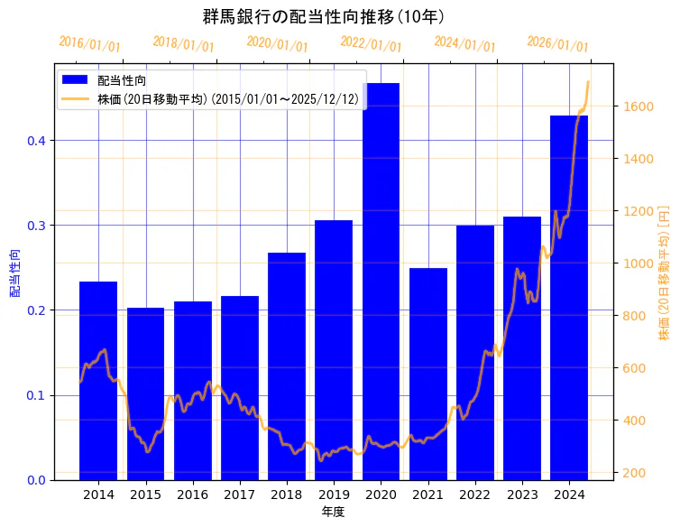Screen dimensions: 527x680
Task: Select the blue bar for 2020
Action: (381, 280)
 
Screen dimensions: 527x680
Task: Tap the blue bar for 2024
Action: (569, 298)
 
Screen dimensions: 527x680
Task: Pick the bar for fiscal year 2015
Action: (145, 393)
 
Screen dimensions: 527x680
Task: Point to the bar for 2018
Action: (287, 365)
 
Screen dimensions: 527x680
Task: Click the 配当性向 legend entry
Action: (122, 81)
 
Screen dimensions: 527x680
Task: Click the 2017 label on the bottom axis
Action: (240, 495)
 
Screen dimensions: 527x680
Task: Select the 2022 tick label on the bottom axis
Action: (475, 495)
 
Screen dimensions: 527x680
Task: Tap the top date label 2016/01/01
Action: (89, 43)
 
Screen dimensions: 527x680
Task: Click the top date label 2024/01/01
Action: (464, 43)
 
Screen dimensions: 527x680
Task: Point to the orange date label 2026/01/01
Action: (557, 43)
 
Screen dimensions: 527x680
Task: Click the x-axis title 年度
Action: (333, 512)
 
